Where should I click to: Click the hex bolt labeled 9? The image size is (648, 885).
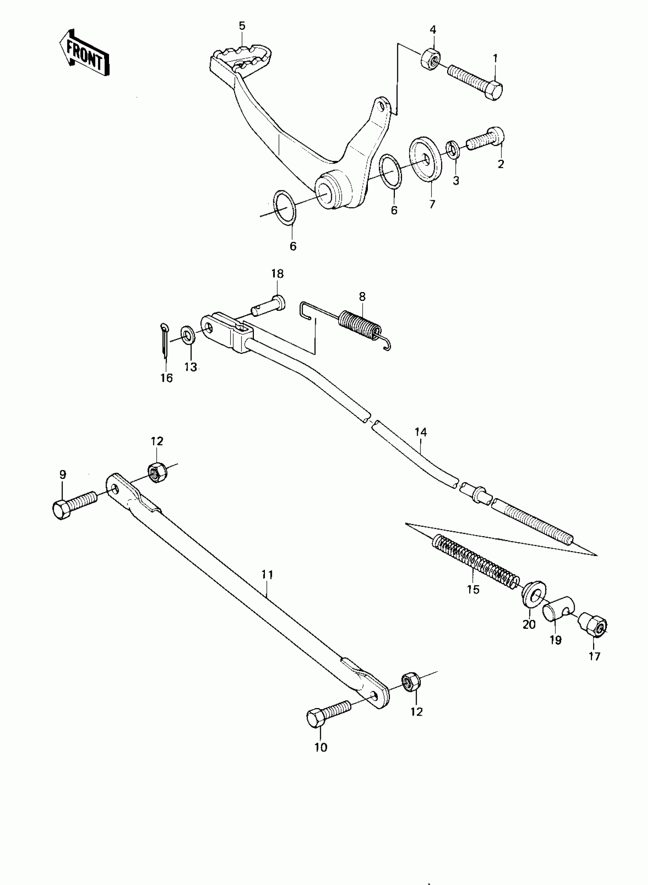pyautogui.click(x=73, y=505)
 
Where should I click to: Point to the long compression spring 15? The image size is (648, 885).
pyautogui.click(x=475, y=561)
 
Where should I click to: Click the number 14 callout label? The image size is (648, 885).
pyautogui.click(x=420, y=432)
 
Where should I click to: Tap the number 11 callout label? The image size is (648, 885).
pyautogui.click(x=267, y=575)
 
